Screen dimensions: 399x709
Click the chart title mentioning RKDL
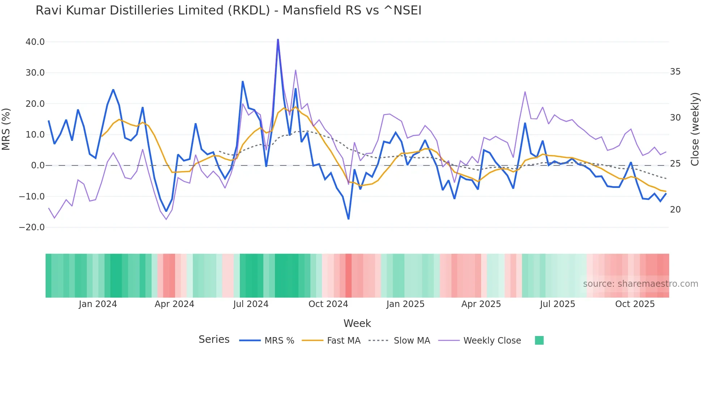coord(228,10)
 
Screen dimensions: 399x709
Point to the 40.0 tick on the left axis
coord(35,42)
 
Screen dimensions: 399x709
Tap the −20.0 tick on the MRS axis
coord(32,227)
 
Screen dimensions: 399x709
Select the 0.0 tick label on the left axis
coord(38,165)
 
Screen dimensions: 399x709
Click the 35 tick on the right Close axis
coord(675,72)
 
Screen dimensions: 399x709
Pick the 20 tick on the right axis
coord(675,210)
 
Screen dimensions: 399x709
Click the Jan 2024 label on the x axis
coord(98,304)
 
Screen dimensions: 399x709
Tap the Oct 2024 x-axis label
coord(328,304)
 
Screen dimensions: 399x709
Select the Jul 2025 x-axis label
coord(557,304)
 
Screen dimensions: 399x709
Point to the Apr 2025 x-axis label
coord(481,304)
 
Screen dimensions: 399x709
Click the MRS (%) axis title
coord(6,129)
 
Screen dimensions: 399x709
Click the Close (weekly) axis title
coord(695,129)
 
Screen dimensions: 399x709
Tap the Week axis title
coord(357,323)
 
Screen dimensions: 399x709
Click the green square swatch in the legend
coord(539,340)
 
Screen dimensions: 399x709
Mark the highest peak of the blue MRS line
coord(278,39)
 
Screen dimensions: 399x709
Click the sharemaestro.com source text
coord(640,284)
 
